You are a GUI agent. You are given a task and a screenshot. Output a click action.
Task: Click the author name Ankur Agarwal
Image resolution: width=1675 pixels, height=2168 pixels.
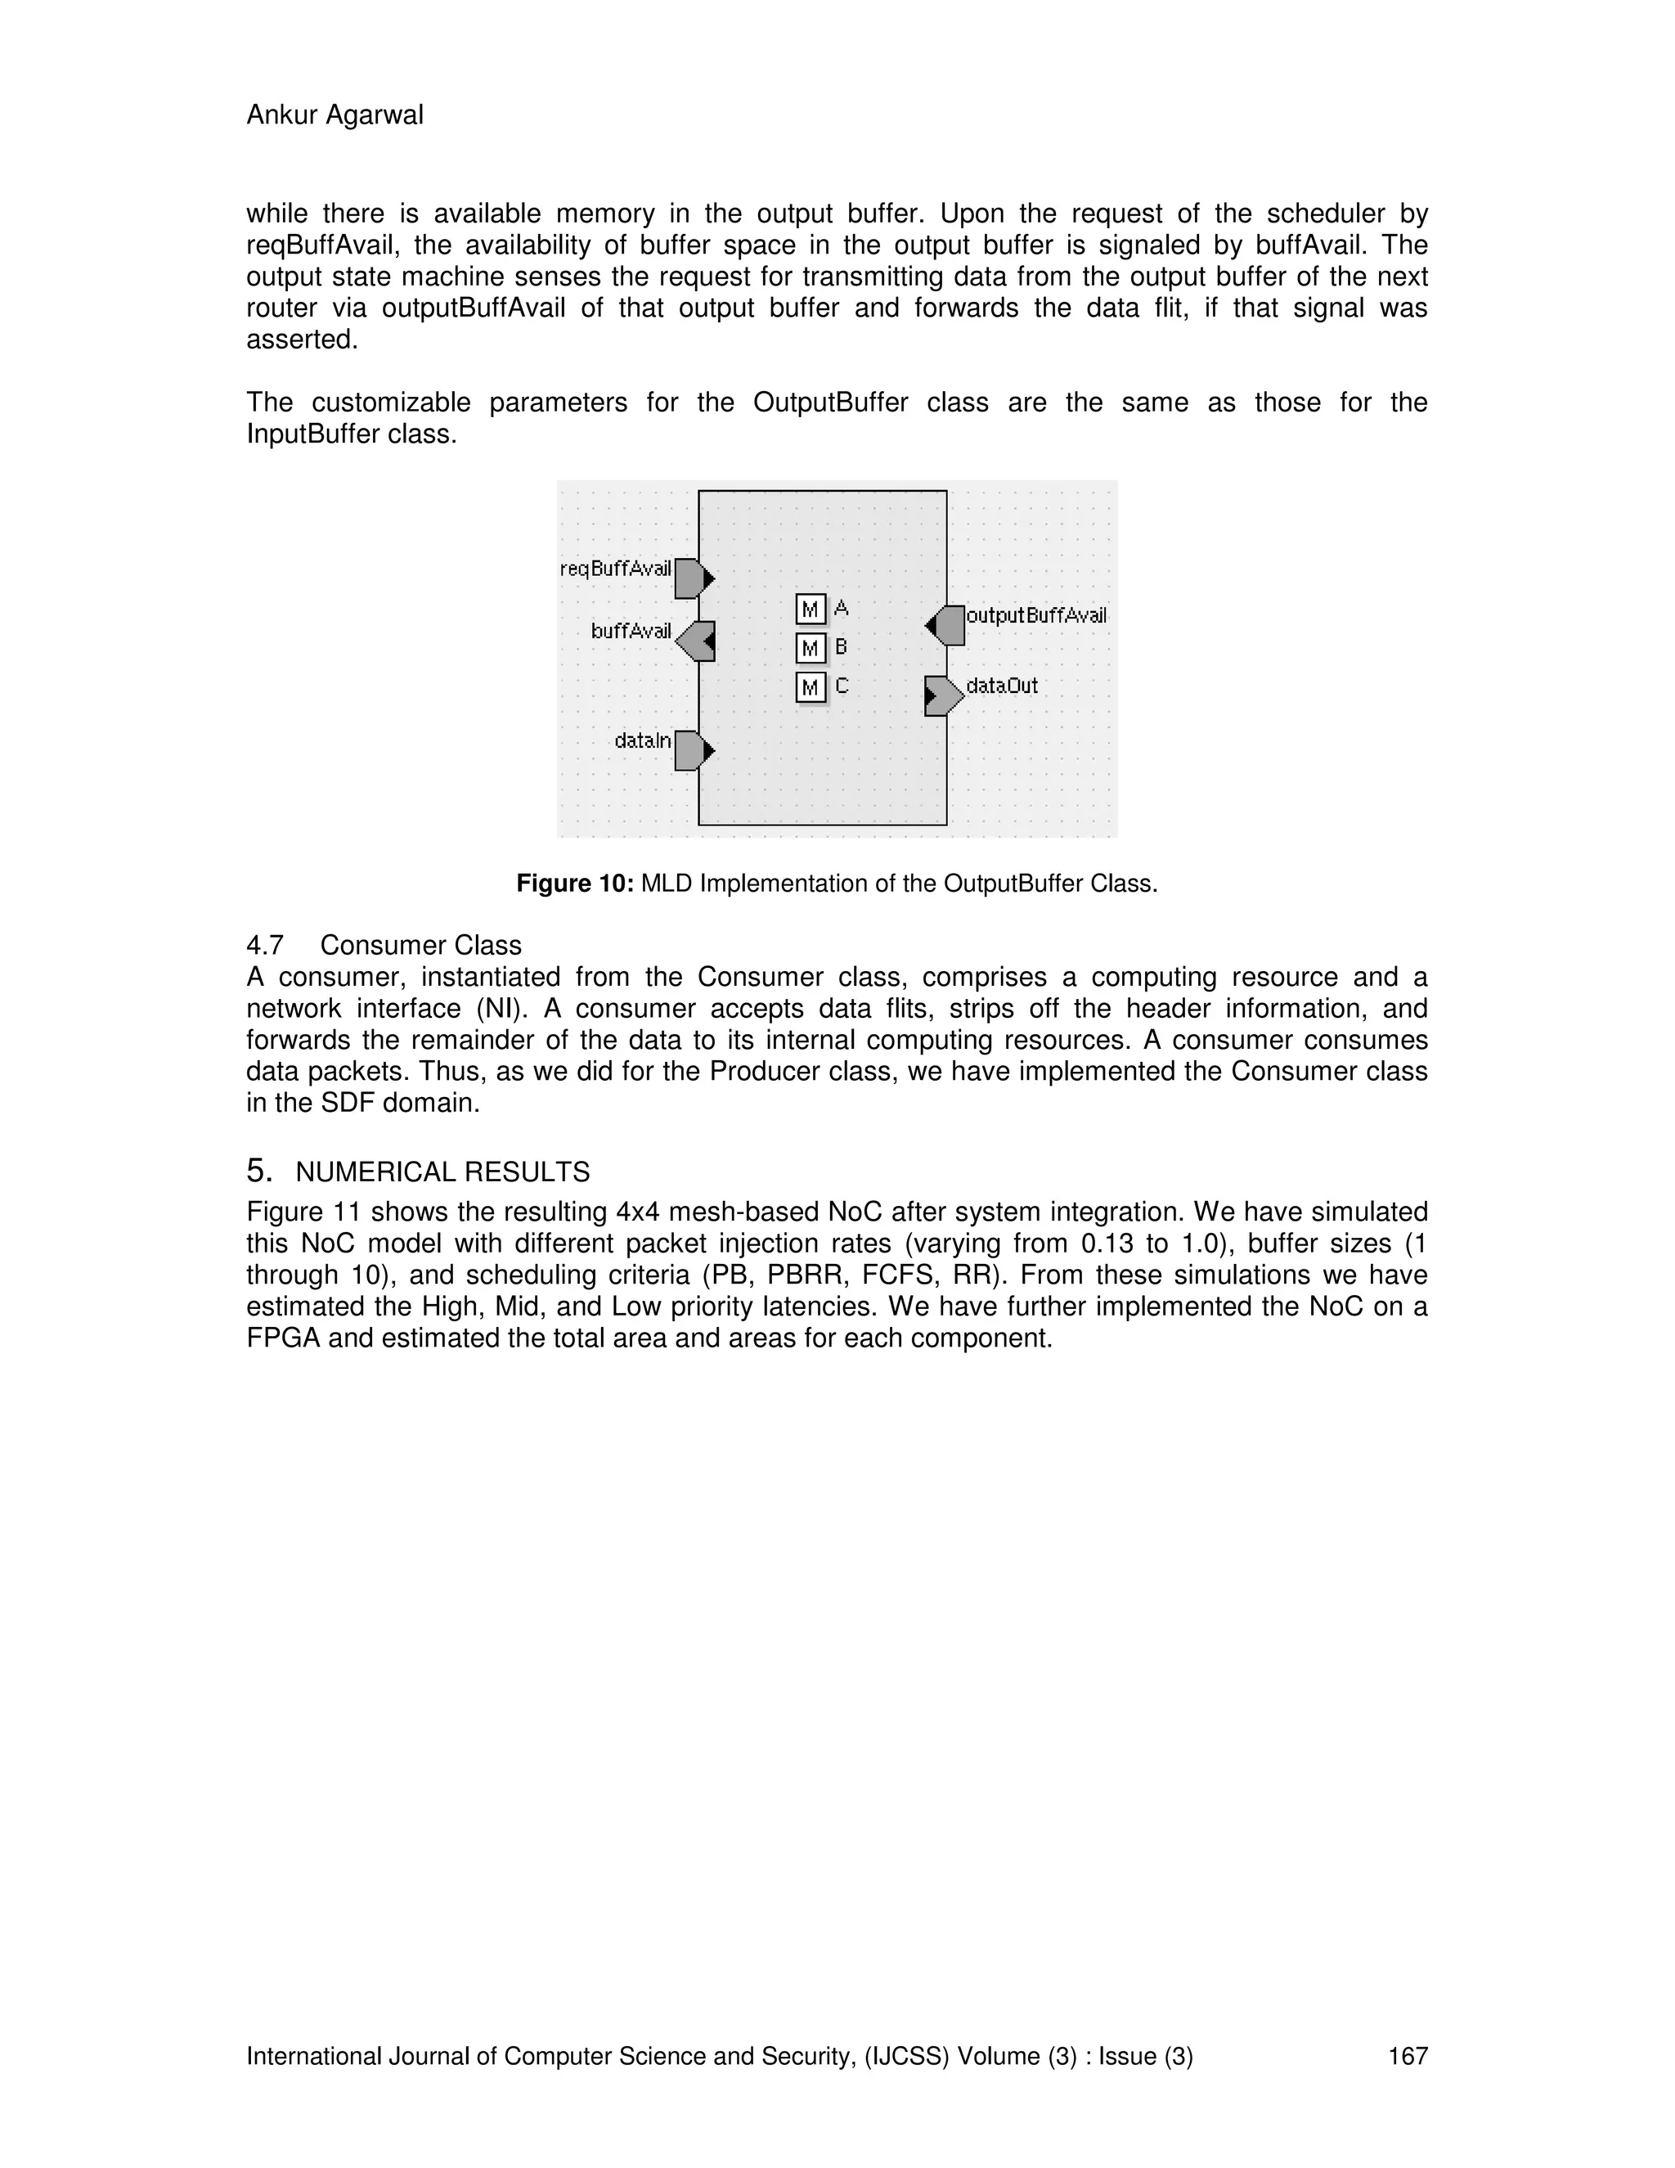[335, 115]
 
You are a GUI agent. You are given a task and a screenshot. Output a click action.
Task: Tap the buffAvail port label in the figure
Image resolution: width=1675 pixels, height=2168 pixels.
[631, 632]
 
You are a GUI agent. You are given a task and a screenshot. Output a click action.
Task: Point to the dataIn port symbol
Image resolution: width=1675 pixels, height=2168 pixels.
[693, 750]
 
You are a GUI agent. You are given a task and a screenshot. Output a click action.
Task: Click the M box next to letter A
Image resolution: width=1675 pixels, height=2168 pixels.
[811, 609]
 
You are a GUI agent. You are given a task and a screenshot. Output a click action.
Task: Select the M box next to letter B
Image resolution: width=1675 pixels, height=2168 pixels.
[811, 648]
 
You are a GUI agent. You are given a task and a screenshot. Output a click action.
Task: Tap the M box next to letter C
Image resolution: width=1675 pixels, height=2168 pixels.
[811, 687]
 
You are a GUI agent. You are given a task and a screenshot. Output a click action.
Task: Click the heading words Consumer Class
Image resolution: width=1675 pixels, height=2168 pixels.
[420, 944]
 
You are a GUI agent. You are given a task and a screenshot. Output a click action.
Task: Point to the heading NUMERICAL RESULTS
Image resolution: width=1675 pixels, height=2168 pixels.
[442, 1172]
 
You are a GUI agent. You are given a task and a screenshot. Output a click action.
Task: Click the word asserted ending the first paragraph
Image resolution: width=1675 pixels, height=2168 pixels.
[301, 340]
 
